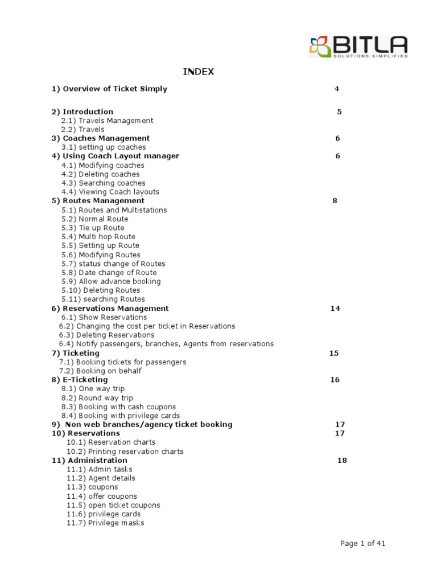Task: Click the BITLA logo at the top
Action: click(358, 46)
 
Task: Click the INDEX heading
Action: click(198, 72)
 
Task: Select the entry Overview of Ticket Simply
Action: click(109, 89)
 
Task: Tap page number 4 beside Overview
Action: click(337, 89)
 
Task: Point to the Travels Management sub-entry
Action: click(107, 121)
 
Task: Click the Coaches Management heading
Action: click(101, 138)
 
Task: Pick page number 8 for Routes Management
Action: click(335, 201)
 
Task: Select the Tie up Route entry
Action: click(93, 228)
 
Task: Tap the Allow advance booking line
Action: click(111, 281)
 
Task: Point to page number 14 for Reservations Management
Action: click(335, 309)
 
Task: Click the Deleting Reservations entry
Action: click(106, 335)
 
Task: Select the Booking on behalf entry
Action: click(100, 371)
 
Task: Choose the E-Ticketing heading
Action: click(80, 380)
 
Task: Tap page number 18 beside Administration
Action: click(342, 460)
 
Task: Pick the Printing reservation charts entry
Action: click(125, 451)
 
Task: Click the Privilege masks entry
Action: click(105, 523)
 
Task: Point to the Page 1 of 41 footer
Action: click(362, 544)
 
